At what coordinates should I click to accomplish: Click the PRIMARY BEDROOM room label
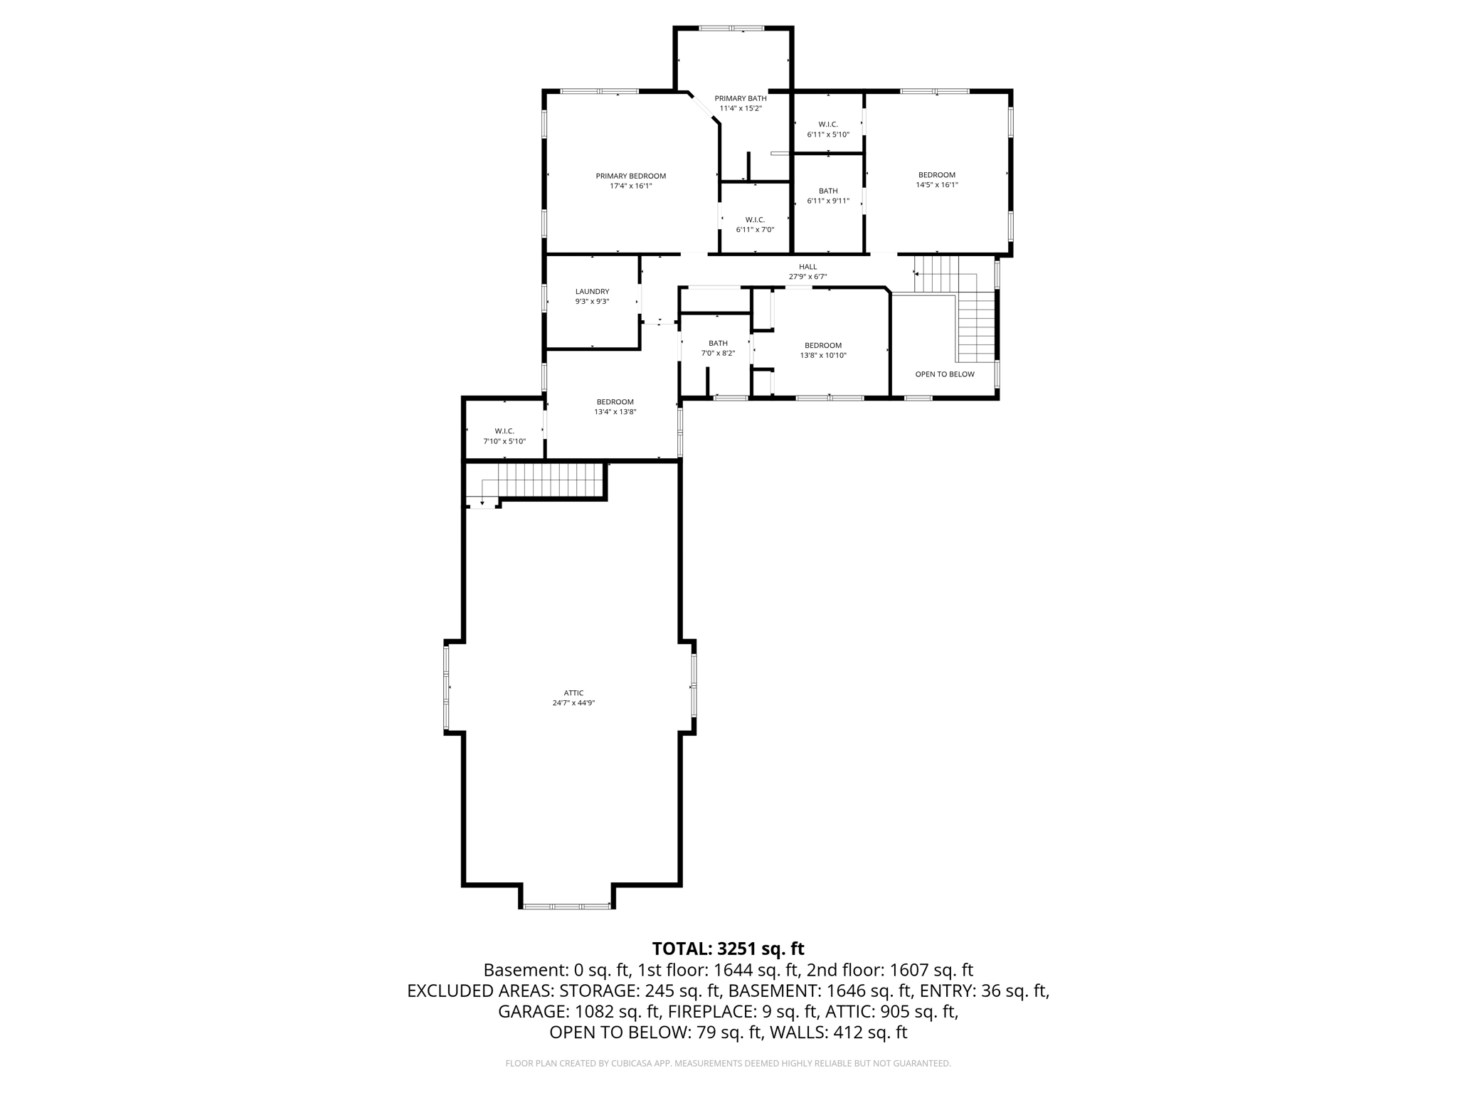click(x=630, y=176)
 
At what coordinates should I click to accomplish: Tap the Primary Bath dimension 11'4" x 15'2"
click(x=741, y=109)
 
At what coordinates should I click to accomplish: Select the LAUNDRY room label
click(x=592, y=291)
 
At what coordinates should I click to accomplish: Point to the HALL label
click(x=807, y=267)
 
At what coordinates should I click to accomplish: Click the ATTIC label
click(x=573, y=692)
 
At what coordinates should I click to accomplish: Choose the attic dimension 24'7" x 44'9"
click(x=573, y=703)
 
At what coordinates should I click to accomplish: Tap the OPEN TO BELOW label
click(x=945, y=374)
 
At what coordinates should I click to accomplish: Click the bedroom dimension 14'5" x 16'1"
click(x=936, y=185)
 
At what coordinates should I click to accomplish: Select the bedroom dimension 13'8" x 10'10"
click(x=823, y=356)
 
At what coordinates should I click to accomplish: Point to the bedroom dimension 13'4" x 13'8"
click(x=615, y=412)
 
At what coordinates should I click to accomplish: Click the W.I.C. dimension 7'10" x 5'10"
click(x=504, y=441)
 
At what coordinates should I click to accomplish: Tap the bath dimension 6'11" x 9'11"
click(x=828, y=201)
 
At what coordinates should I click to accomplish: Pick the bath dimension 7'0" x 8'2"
click(x=718, y=354)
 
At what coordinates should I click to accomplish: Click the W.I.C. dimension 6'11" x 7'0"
click(x=755, y=230)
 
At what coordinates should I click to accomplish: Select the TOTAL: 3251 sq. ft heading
click(x=728, y=949)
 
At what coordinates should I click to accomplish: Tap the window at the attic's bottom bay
click(x=567, y=906)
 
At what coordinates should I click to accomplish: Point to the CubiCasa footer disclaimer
click(x=728, y=1064)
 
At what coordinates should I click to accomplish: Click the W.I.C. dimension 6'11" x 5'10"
click(x=828, y=134)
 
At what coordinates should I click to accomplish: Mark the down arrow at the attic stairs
click(x=482, y=502)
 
